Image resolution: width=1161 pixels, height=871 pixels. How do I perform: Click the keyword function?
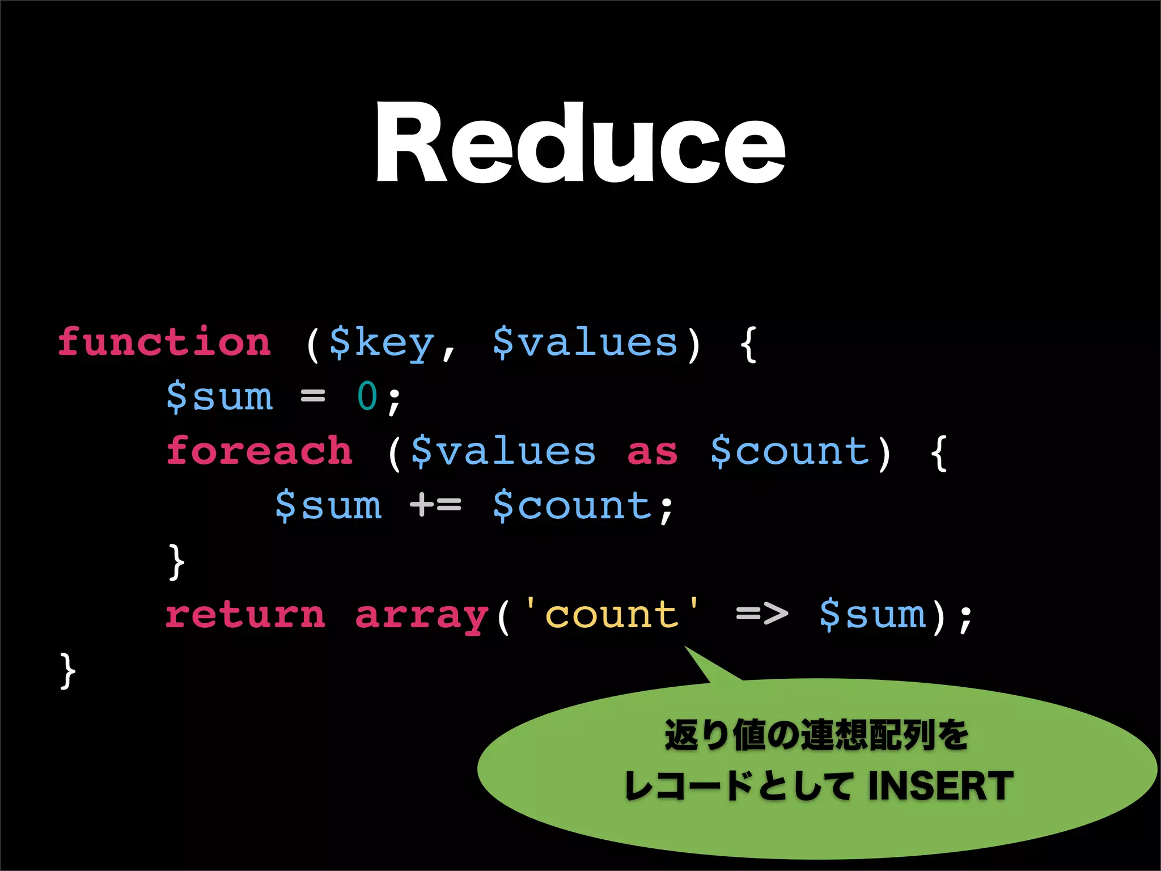[164, 342]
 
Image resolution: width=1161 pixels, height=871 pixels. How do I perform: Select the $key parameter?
[382, 343]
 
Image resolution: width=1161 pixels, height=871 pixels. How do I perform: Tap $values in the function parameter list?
[585, 342]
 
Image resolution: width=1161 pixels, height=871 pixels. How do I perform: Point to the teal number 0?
[367, 396]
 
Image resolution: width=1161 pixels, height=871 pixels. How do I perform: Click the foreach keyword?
[259, 451]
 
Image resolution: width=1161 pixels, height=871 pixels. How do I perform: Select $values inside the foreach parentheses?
[503, 451]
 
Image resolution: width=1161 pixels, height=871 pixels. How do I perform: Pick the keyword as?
[652, 452]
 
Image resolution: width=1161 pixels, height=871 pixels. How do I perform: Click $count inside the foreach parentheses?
[790, 451]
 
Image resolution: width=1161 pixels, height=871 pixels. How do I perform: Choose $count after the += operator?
[573, 505]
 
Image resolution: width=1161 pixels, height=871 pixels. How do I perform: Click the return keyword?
[245, 615]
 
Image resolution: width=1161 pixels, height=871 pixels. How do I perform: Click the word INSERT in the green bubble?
[940, 786]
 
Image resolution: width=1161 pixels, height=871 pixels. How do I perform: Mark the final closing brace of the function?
[67, 670]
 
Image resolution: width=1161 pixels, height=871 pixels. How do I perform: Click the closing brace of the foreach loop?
[176, 561]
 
